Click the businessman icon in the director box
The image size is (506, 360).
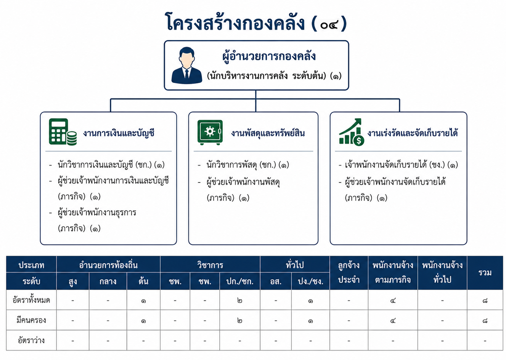tap(186, 66)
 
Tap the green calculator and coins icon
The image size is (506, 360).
tap(63, 132)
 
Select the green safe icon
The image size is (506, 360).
tap(210, 132)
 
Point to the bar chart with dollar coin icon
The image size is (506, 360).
tap(352, 132)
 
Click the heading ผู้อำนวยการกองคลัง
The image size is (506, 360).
tap(269, 56)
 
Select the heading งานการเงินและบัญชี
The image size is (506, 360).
tap(119, 133)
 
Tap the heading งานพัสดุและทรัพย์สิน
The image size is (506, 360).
tap(268, 133)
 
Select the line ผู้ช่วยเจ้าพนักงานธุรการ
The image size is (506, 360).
tap(97, 213)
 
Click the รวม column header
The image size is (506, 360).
tap(485, 272)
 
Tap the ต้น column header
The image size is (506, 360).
tap(143, 281)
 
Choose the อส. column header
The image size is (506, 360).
tap(276, 282)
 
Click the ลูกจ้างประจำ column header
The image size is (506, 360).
tap(349, 272)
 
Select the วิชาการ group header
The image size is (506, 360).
tap(210, 265)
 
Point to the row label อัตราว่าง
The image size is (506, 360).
tap(31, 340)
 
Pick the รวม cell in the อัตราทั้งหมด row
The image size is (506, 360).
tap(485, 301)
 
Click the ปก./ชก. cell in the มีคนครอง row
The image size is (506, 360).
tap(240, 320)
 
